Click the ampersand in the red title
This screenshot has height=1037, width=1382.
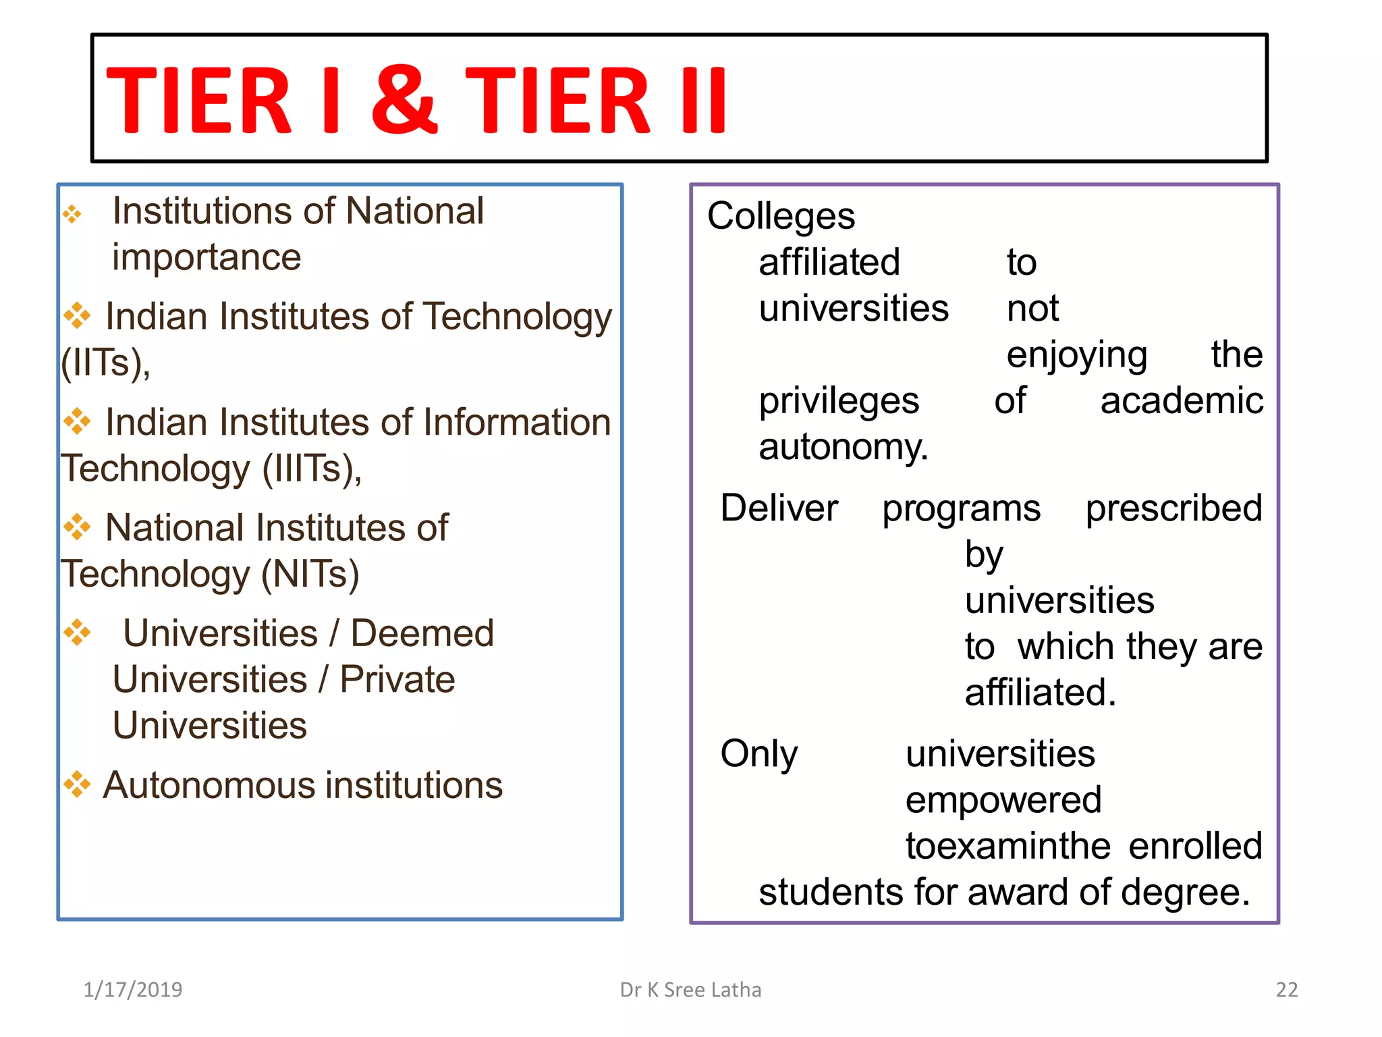coord(404,99)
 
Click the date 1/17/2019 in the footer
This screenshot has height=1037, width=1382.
coord(133,989)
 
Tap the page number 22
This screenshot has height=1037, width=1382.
coord(1286,989)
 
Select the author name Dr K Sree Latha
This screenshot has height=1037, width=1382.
coord(690,989)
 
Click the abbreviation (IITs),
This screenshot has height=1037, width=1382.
coord(106,363)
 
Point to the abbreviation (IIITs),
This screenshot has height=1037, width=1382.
coord(312,469)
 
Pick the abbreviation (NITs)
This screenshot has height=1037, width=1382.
coord(310,574)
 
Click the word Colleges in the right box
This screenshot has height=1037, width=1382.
coord(781,216)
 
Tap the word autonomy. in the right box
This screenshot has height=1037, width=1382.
coord(844,447)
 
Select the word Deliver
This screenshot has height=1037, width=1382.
coord(779,508)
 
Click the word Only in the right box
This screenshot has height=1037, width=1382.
coord(758,753)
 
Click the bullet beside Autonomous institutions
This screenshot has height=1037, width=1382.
coord(77,784)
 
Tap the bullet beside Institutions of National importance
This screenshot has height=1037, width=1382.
coord(72,215)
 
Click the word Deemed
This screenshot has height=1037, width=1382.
coord(422,633)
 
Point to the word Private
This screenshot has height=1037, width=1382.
coord(397,679)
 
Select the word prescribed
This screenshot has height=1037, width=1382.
coord(1173,508)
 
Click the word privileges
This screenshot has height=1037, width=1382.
coord(839,401)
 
